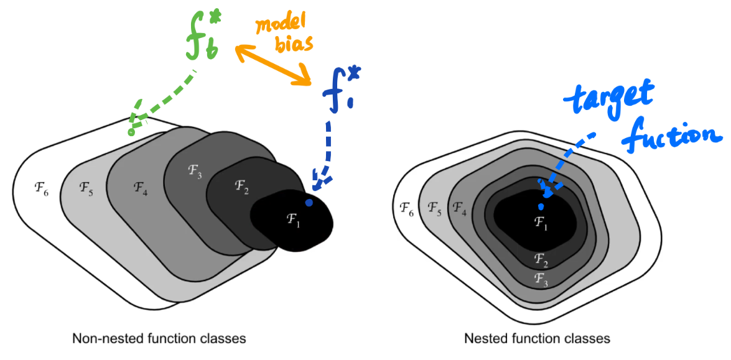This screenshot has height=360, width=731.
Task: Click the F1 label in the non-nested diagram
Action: [293, 219]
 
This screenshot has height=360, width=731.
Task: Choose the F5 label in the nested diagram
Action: [435, 211]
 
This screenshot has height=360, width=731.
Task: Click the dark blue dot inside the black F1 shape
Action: [308, 203]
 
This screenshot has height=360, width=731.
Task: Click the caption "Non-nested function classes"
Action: [159, 339]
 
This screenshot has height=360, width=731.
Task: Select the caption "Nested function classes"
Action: [537, 339]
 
